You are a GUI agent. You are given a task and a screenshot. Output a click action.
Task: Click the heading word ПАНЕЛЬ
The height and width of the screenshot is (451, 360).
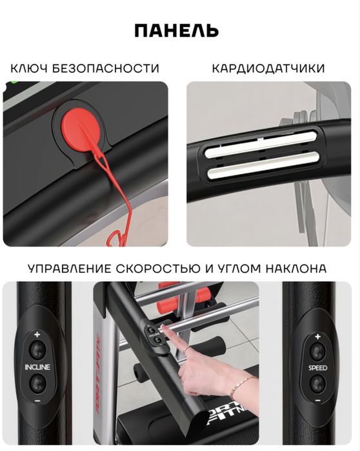(x=176, y=30)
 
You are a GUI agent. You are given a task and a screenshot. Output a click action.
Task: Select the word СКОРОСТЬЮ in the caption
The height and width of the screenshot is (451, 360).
(x=170, y=268)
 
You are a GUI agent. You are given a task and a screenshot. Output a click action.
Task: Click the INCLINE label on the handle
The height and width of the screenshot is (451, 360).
(x=37, y=367)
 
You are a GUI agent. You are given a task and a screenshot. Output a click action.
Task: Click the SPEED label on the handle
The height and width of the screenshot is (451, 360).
(x=317, y=367)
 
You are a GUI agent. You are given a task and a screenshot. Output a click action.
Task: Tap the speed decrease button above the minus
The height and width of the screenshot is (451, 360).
(x=317, y=383)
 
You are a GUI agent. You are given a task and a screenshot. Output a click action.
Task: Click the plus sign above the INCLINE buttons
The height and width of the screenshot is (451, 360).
(x=37, y=334)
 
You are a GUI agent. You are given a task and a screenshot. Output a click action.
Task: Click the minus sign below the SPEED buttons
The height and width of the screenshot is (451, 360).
(x=317, y=401)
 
